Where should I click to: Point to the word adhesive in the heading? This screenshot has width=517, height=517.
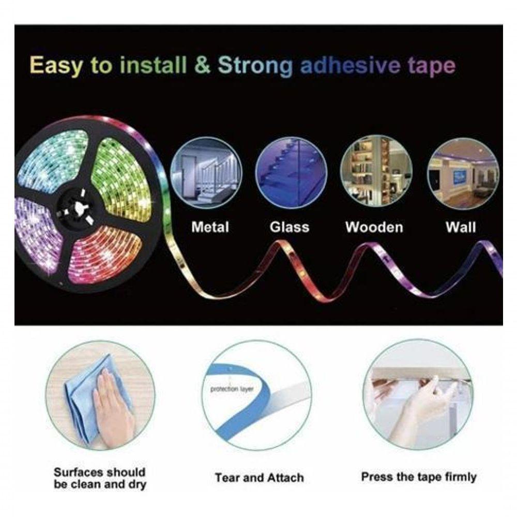[x=350, y=65]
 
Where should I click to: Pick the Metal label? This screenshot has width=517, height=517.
[x=210, y=227]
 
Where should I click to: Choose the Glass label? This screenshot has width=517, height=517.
[x=290, y=227]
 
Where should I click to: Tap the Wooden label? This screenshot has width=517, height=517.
[x=374, y=227]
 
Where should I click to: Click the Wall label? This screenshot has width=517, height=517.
[x=461, y=227]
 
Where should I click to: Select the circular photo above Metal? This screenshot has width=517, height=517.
[x=206, y=173]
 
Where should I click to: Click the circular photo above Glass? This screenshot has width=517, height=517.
[x=291, y=173]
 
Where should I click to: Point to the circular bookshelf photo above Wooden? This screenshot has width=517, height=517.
[x=376, y=172]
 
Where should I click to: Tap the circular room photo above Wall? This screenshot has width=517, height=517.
[x=463, y=174]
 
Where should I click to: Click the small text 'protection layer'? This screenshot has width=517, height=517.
[x=232, y=389]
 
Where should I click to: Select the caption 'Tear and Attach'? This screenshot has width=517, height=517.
[x=259, y=477]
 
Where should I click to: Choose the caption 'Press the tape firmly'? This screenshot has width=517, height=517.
[x=419, y=477]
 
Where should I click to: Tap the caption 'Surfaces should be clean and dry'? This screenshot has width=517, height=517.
[x=100, y=478]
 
